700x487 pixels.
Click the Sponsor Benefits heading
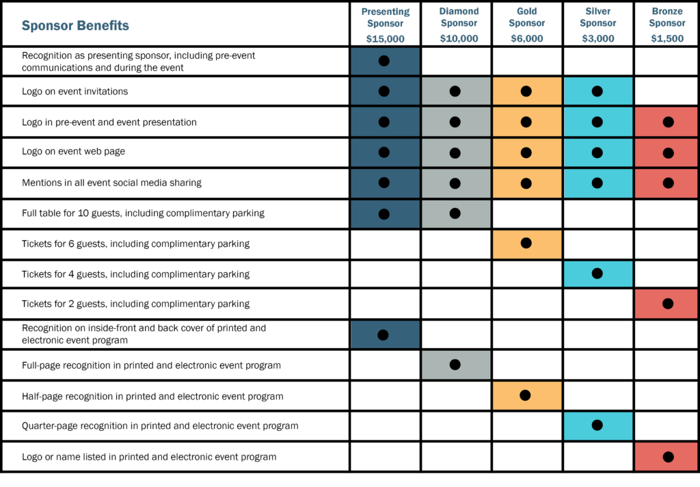(x=75, y=26)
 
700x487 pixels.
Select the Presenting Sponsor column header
(x=385, y=17)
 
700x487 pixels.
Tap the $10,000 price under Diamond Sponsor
(x=459, y=39)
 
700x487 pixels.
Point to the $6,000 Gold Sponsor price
(x=526, y=39)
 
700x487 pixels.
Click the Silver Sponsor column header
(x=597, y=17)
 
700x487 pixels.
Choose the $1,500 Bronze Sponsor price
(x=667, y=39)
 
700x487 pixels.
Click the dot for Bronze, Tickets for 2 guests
(x=668, y=304)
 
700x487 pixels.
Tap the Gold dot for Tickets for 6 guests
(x=526, y=243)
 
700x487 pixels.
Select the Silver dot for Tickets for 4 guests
(x=597, y=274)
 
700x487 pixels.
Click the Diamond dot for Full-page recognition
(x=455, y=365)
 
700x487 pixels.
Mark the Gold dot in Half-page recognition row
(x=526, y=395)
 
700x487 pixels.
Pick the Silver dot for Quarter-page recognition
(x=597, y=425)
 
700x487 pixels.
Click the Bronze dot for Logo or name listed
(x=668, y=456)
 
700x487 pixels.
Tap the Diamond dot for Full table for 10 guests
(x=455, y=213)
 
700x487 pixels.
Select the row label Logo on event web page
(x=73, y=151)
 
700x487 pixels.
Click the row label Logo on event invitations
(x=75, y=91)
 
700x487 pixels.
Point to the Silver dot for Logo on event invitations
(x=597, y=91)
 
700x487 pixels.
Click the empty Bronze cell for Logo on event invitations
(x=667, y=91)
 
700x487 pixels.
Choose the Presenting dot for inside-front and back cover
(x=383, y=334)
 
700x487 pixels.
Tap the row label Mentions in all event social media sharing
(x=111, y=183)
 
